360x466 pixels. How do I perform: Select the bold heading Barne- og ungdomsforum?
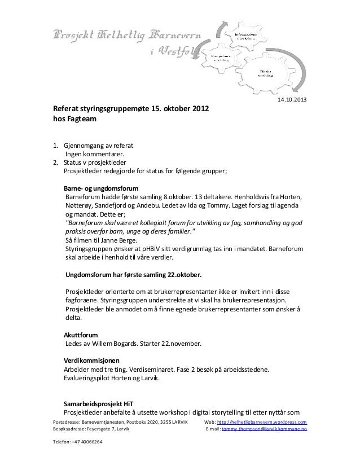point(100,188)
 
